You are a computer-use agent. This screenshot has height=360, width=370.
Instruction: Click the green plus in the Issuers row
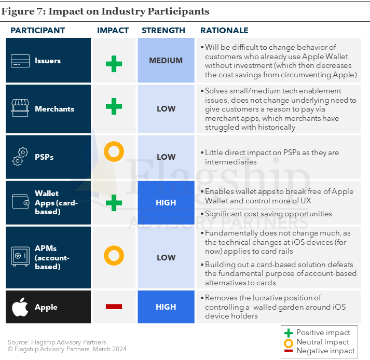(x=114, y=64)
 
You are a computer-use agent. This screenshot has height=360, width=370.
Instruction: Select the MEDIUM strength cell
(x=166, y=60)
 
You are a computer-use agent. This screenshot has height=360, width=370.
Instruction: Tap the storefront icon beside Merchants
(x=20, y=108)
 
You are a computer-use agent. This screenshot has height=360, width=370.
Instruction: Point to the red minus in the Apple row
(x=114, y=307)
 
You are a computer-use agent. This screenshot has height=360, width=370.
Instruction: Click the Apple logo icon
(x=20, y=307)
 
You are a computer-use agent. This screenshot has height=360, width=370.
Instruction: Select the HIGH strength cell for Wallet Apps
(x=166, y=203)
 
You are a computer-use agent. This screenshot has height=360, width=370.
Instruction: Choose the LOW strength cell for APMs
(x=166, y=257)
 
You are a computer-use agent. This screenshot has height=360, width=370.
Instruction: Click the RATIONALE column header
(x=224, y=31)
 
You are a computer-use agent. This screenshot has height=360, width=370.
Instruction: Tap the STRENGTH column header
(x=163, y=31)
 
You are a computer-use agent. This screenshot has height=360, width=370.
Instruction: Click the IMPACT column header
(x=113, y=31)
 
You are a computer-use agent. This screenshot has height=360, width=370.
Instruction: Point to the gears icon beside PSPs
(x=20, y=157)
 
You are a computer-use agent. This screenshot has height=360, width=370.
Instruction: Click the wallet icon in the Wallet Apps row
(x=21, y=201)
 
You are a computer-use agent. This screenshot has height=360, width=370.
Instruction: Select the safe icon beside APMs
(x=20, y=256)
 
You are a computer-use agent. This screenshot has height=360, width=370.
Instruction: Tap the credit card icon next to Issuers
(x=20, y=61)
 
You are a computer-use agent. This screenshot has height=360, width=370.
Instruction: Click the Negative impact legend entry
(x=320, y=351)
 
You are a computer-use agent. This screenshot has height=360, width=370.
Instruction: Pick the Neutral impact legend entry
(x=317, y=342)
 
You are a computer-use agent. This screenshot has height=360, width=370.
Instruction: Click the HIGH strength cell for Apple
(x=166, y=307)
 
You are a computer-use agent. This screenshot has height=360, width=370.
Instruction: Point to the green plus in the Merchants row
(x=114, y=106)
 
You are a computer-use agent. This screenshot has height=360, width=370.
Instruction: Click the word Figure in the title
(x=18, y=11)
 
